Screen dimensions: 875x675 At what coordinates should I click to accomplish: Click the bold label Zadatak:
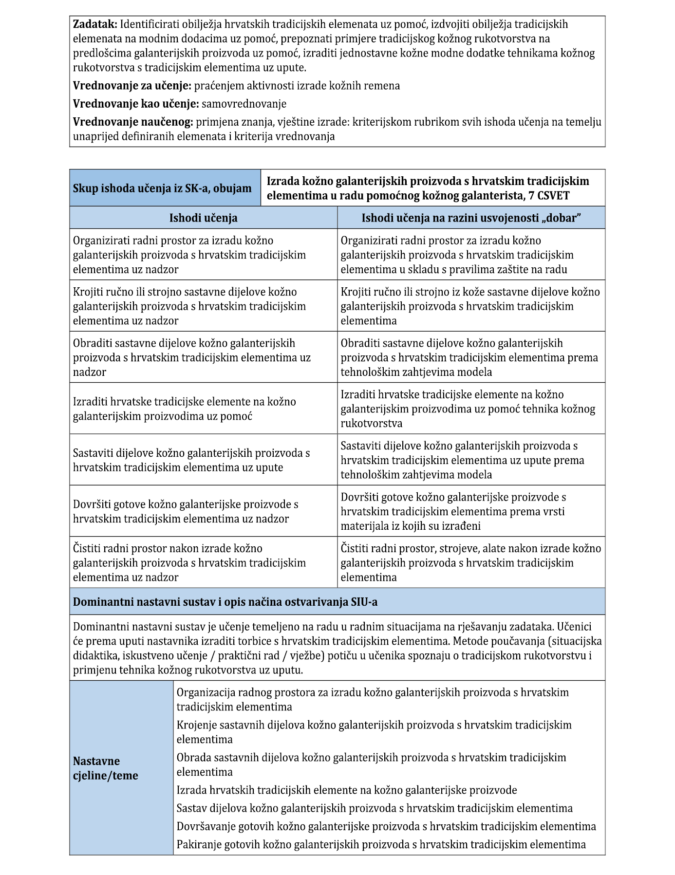point(95,24)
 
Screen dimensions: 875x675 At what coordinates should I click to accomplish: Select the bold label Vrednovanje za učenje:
point(132,86)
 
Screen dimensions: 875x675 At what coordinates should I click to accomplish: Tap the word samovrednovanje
point(244,104)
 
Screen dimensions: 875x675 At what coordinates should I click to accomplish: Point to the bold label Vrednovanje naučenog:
point(133,122)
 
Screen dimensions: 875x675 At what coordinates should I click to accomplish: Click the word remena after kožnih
point(384,86)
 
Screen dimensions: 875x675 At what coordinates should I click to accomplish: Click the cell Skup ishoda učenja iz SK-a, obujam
point(162,188)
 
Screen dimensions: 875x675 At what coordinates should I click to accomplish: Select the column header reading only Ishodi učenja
point(203,218)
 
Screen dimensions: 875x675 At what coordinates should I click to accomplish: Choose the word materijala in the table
point(363,526)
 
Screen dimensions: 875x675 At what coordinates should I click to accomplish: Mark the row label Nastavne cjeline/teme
point(105,768)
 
